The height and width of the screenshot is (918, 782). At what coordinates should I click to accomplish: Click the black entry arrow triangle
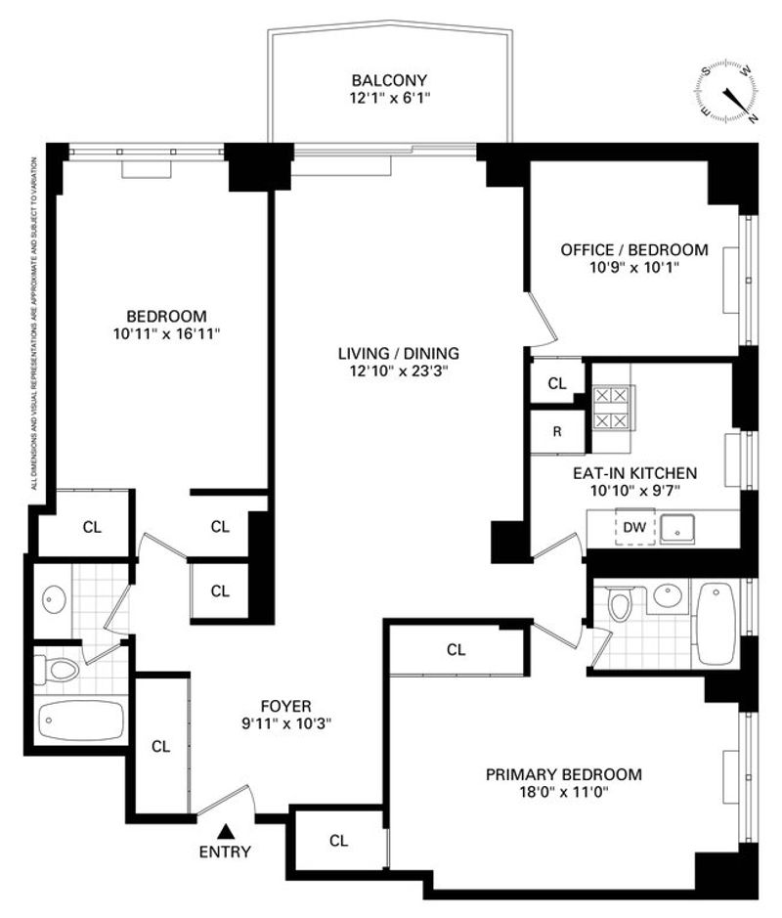click(226, 831)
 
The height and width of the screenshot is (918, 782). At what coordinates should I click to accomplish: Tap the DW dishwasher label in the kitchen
click(634, 527)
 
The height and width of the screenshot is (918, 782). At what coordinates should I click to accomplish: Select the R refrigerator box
click(557, 431)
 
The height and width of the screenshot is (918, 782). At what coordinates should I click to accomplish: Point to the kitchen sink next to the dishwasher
click(677, 529)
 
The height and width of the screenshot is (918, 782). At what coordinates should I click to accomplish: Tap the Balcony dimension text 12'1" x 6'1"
click(390, 98)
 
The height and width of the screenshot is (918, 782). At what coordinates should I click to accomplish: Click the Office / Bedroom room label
click(634, 250)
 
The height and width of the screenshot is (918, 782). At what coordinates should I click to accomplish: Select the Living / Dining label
click(399, 354)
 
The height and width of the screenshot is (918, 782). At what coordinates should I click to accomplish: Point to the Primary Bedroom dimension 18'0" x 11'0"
click(563, 792)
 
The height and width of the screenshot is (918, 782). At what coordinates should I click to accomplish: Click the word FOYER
click(286, 706)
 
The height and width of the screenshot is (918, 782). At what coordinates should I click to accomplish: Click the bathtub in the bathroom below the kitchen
click(716, 623)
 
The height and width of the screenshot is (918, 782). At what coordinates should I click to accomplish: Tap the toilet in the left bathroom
click(57, 669)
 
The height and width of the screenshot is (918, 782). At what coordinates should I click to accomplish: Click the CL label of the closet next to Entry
click(338, 841)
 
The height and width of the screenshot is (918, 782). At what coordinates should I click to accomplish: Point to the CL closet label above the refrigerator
click(557, 383)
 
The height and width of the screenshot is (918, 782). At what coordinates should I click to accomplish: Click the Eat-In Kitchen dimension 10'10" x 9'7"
click(635, 491)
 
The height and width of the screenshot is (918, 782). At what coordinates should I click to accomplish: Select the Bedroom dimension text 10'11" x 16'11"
click(167, 334)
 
